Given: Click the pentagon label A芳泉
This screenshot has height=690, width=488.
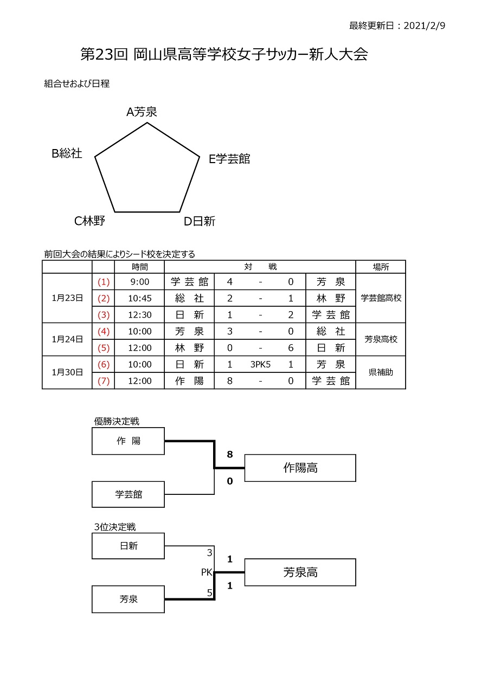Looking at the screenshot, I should point(142,112).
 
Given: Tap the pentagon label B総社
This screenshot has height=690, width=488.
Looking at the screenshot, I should point(67,153).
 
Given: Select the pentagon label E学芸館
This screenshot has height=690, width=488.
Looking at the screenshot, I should point(229,159).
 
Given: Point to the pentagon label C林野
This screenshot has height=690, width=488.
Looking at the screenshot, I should point(89,221).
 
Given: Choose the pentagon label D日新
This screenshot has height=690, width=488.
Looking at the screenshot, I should point(200,221).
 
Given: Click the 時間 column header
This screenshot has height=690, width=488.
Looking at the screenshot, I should point(139,267).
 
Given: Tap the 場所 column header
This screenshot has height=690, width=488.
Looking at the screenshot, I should point(381,267).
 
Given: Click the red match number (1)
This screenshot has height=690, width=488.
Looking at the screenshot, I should point(104,282).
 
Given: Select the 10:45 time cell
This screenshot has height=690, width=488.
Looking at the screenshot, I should point(139,298).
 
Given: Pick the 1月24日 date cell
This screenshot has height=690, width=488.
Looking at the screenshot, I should point(67,339).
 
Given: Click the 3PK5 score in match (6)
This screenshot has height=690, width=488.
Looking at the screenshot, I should point(260,364).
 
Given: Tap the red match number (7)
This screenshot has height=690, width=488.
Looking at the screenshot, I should point(104,381).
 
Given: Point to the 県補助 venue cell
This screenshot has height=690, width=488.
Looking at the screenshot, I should point(381,372).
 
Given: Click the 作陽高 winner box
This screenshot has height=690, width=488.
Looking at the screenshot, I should point(300,468).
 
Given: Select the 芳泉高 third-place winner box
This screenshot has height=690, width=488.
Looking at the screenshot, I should point(300,572).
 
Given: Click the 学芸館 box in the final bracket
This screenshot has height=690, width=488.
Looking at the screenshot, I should point(129,494).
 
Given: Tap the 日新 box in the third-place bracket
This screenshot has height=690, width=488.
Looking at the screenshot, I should point(129,546).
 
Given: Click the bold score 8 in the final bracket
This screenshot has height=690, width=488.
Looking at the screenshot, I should point(230,454).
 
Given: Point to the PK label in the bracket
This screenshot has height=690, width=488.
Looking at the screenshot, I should point(207,572).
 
